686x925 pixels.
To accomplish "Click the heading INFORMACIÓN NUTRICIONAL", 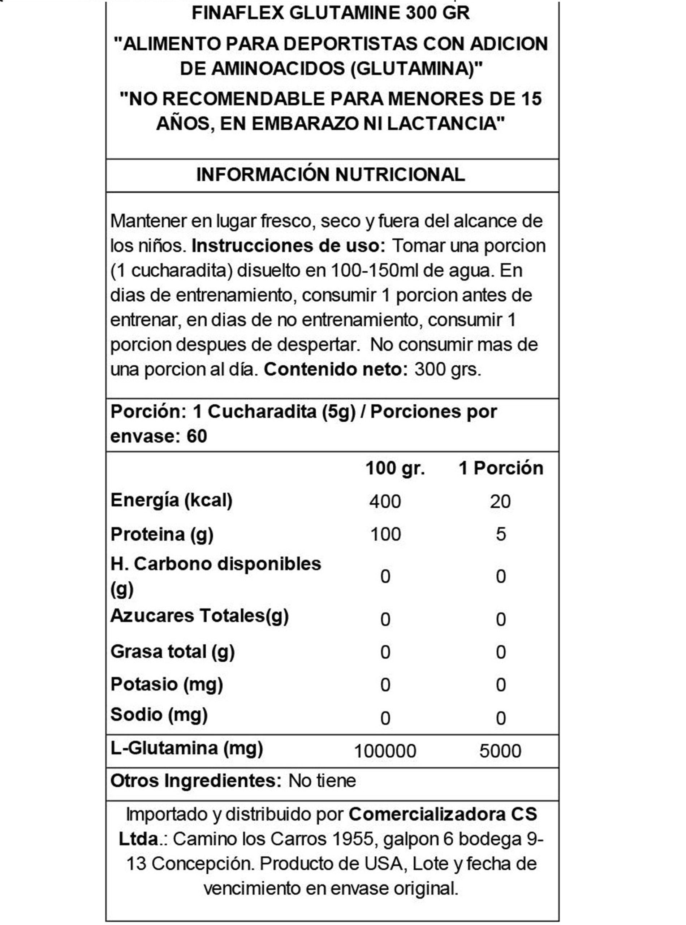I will (x=331, y=175).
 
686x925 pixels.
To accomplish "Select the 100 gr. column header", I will (x=395, y=469).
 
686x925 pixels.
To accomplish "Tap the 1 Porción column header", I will (x=501, y=469).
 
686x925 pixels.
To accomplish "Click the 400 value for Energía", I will (x=385, y=501).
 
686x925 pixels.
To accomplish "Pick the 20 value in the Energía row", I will (x=500, y=501).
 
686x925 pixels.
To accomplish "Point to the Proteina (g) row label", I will (x=162, y=534).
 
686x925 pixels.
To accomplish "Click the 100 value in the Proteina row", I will (x=385, y=534).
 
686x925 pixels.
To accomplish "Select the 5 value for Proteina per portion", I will (x=501, y=534).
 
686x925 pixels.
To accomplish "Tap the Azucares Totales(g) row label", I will (x=199, y=616).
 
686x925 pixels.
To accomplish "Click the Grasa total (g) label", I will (x=172, y=652).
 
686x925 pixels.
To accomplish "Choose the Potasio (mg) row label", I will (x=167, y=684).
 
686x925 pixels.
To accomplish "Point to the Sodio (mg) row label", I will (x=159, y=715).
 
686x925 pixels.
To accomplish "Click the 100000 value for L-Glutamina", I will (x=385, y=751).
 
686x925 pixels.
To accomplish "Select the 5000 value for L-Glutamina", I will (x=500, y=751).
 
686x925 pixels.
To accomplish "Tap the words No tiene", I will (x=322, y=781).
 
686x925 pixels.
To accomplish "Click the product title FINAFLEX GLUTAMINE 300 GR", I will (x=331, y=13).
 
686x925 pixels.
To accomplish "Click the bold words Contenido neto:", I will (x=336, y=369).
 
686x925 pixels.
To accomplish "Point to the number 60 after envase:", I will (x=197, y=436).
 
